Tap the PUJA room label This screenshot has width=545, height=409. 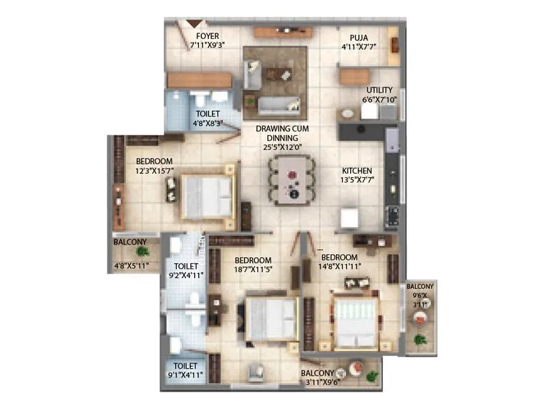click(x=359, y=37)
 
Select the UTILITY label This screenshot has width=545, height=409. click(x=379, y=89)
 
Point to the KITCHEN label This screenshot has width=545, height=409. click(x=357, y=170)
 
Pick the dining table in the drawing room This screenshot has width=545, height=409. click(x=291, y=180)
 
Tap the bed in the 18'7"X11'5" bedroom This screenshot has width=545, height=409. click(x=270, y=318)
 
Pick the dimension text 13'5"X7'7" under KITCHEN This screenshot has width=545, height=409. click(x=357, y=181)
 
